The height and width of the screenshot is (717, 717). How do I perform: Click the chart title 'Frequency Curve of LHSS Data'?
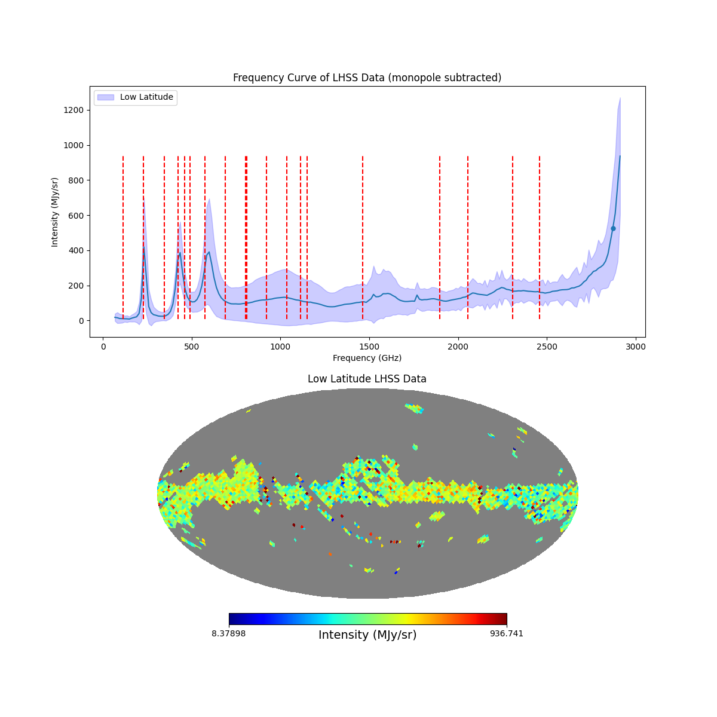(x=367, y=78)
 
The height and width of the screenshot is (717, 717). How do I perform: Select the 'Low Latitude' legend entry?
(x=146, y=97)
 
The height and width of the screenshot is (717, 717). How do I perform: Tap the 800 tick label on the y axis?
(x=76, y=180)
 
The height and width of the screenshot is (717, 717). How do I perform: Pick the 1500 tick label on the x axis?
(x=369, y=347)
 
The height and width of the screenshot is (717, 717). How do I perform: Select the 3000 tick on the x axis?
(x=636, y=338)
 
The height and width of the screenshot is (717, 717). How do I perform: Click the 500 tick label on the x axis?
(x=192, y=347)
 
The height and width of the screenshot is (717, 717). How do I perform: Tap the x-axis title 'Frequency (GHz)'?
(x=367, y=358)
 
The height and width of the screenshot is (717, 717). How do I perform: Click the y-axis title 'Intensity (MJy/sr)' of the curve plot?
(x=55, y=212)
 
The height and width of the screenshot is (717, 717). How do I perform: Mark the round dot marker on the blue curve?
(x=613, y=228)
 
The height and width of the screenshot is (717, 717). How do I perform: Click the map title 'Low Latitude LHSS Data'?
(x=367, y=379)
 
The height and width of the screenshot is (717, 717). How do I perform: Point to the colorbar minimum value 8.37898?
(x=228, y=633)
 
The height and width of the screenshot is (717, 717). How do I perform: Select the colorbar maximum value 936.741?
(x=507, y=633)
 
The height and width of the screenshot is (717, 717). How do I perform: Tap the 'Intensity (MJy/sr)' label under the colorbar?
(x=367, y=635)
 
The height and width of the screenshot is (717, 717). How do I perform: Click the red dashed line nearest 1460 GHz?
(x=363, y=239)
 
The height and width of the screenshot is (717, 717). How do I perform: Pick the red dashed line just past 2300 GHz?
(x=513, y=239)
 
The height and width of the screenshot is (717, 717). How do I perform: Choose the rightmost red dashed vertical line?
(x=540, y=239)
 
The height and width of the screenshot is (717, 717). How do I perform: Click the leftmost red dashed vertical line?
(x=123, y=239)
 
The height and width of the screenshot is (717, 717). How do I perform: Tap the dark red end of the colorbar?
(x=503, y=620)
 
